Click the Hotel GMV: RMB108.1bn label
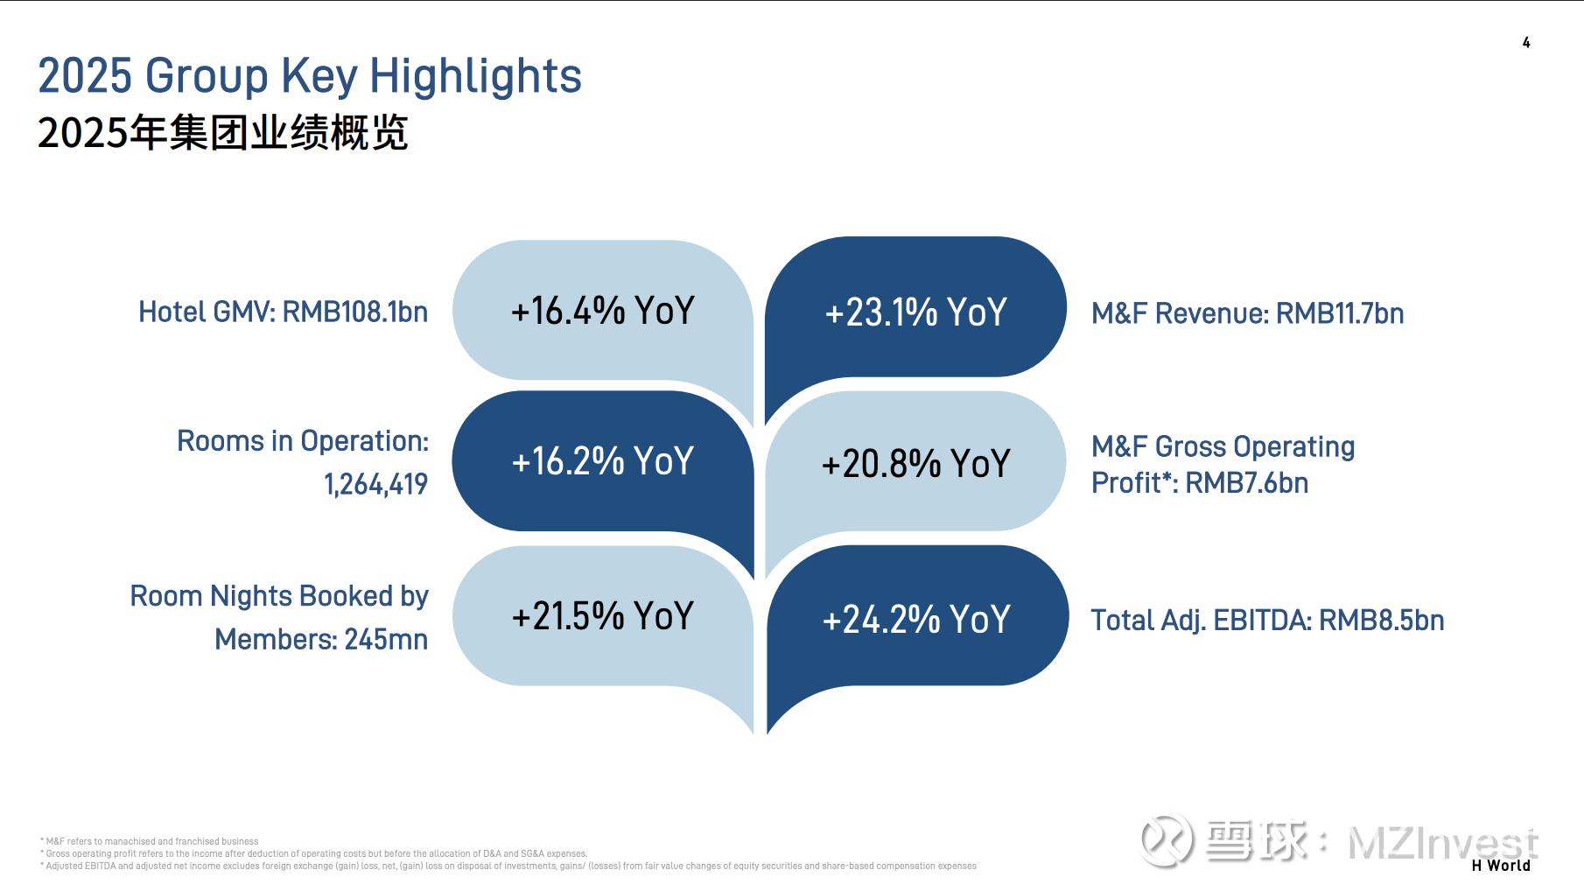284,312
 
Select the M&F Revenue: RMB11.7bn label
1247,313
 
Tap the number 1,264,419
375,484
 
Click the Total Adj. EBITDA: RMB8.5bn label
1267,621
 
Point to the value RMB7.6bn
1247,483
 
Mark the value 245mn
386,640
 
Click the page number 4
1526,42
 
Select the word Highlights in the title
475,77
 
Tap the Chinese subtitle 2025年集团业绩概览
223,133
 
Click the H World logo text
1501,866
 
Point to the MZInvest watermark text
1442,843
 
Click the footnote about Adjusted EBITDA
508,866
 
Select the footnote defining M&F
150,841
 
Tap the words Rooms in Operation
303,441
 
